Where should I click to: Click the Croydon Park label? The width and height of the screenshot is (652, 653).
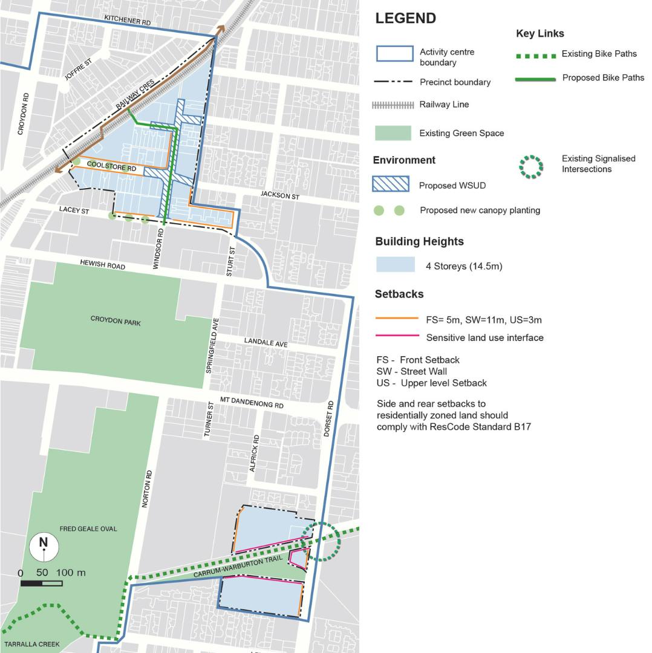[x=116, y=320]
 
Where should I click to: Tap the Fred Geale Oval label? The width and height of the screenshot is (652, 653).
[x=88, y=529]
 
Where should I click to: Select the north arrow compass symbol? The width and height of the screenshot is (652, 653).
[x=44, y=547]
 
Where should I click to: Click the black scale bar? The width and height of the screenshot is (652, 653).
[x=41, y=583]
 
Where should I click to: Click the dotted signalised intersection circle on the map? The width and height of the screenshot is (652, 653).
[x=321, y=542]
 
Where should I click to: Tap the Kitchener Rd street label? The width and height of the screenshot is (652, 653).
[x=127, y=21]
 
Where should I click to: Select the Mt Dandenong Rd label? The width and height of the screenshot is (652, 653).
[x=252, y=403]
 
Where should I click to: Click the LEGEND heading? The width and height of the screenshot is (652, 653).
[x=405, y=18]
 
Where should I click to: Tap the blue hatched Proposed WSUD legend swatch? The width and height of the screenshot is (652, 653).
[x=391, y=184]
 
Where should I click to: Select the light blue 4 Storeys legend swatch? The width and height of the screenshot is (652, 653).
[x=395, y=265]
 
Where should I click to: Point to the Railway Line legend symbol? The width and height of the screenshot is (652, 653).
[x=393, y=105]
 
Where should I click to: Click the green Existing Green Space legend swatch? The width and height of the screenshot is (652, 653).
[x=393, y=133]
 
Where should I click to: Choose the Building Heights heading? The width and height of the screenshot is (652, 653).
[x=419, y=241]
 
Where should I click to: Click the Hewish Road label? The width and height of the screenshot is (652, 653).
[x=103, y=265]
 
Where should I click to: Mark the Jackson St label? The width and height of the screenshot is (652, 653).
[x=280, y=196]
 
